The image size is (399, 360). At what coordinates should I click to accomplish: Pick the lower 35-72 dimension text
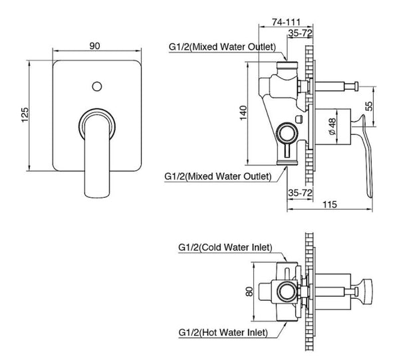[x=301, y=192]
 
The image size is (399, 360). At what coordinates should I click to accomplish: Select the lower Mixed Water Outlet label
[x=217, y=177]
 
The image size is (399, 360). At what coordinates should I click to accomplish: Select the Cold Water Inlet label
[x=225, y=248]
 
